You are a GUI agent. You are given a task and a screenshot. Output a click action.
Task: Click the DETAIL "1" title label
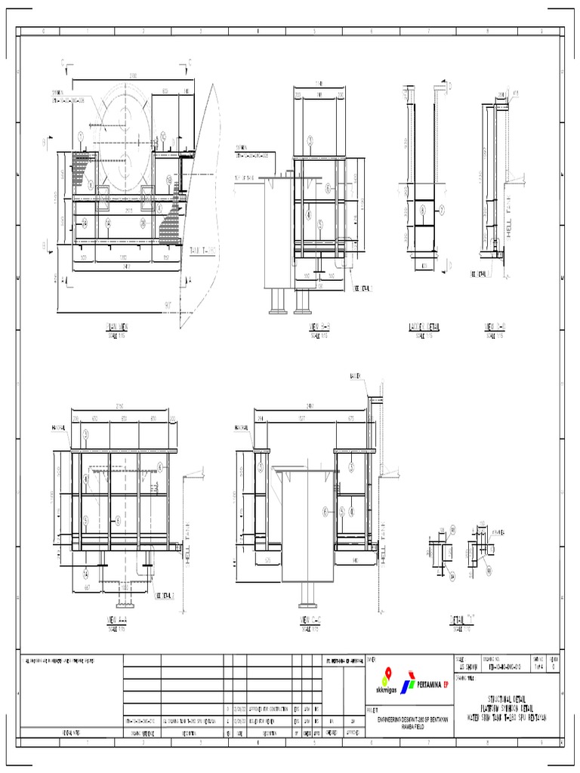[x=465, y=618]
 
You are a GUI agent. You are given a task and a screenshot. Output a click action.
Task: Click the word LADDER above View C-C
[x=355, y=376]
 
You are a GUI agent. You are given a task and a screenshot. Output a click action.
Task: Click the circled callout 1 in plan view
[x=81, y=136]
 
